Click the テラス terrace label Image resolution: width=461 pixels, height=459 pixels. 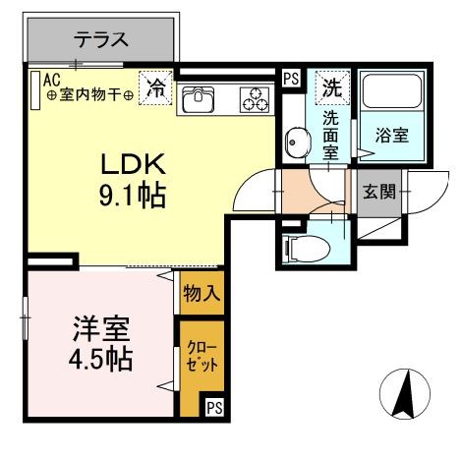(x=102, y=40)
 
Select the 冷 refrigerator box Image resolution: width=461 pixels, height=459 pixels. (x=156, y=87)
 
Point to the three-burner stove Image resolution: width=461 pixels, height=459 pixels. (x=256, y=98)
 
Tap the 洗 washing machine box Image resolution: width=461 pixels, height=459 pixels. (x=331, y=86)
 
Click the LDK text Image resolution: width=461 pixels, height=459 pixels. (x=135, y=163)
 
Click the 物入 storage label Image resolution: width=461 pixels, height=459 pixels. (x=201, y=293)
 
